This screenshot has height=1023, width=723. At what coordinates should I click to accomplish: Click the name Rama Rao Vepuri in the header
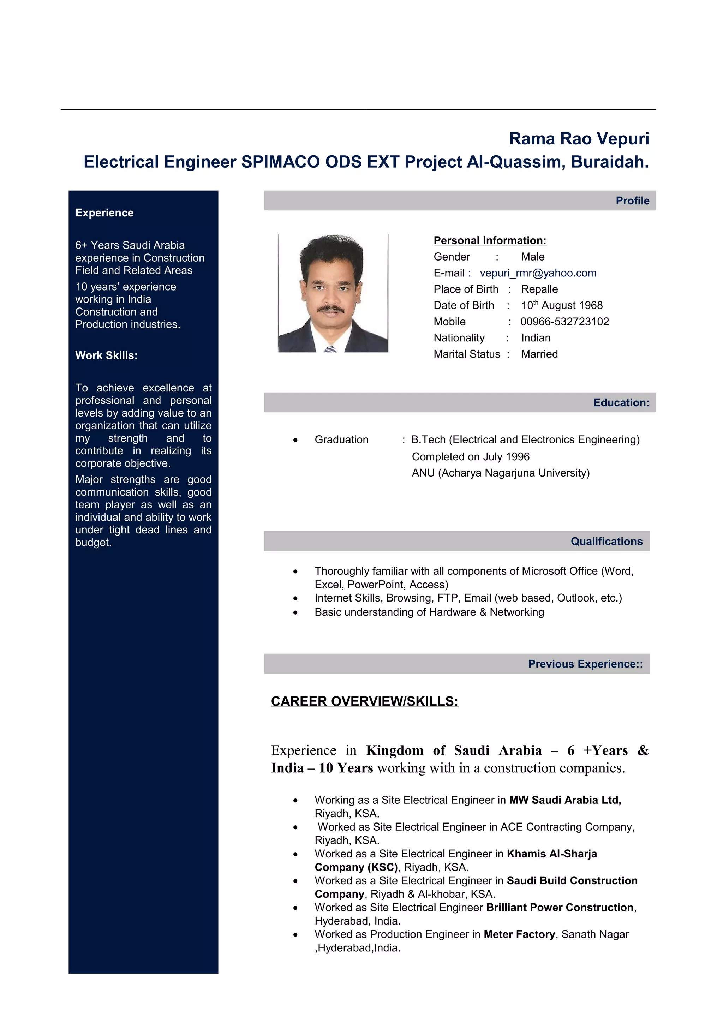click(x=579, y=139)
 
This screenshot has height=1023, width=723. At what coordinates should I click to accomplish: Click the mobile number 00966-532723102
click(x=564, y=321)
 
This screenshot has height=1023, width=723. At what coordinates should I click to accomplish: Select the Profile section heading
click(x=632, y=201)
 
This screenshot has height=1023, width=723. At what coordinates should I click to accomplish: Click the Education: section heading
click(x=621, y=402)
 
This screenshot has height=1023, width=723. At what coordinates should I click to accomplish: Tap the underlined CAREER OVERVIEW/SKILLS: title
click(x=364, y=701)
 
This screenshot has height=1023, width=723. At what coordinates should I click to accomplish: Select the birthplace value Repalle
click(x=539, y=289)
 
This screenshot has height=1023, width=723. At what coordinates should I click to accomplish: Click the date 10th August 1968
click(x=562, y=305)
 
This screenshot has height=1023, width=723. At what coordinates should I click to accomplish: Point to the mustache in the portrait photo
click(x=330, y=308)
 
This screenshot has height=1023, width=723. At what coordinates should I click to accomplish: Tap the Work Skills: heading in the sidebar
click(x=106, y=355)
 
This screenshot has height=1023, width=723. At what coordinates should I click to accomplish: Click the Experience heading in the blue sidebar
click(x=104, y=213)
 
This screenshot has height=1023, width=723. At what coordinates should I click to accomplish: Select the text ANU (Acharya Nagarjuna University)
click(x=500, y=473)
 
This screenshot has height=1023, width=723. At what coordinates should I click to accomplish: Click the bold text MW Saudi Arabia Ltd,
click(x=565, y=800)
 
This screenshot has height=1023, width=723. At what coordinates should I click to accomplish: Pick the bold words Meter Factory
click(x=519, y=934)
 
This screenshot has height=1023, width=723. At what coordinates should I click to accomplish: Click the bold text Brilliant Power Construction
click(x=560, y=907)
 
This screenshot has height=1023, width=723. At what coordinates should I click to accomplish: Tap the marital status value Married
click(x=539, y=354)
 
